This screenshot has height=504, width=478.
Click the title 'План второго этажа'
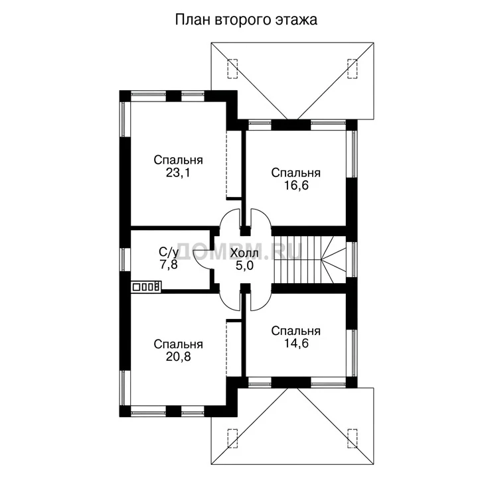(246, 20)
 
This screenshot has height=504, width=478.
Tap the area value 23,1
(178, 173)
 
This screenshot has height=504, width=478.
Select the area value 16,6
(296, 186)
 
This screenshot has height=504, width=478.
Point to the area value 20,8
(178, 357)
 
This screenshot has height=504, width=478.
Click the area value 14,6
(296, 343)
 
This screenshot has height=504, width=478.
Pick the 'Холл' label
(244, 253)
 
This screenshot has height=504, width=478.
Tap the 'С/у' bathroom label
(169, 253)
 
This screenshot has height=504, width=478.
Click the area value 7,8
(169, 265)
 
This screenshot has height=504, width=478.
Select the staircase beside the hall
(309, 260)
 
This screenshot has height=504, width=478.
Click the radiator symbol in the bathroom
(146, 286)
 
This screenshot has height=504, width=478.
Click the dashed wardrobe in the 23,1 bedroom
(234, 164)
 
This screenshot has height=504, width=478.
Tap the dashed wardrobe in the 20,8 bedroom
(234, 348)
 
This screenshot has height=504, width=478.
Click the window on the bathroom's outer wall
(125, 260)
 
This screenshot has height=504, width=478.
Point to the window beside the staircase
(352, 259)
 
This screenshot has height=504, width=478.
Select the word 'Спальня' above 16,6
(296, 173)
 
